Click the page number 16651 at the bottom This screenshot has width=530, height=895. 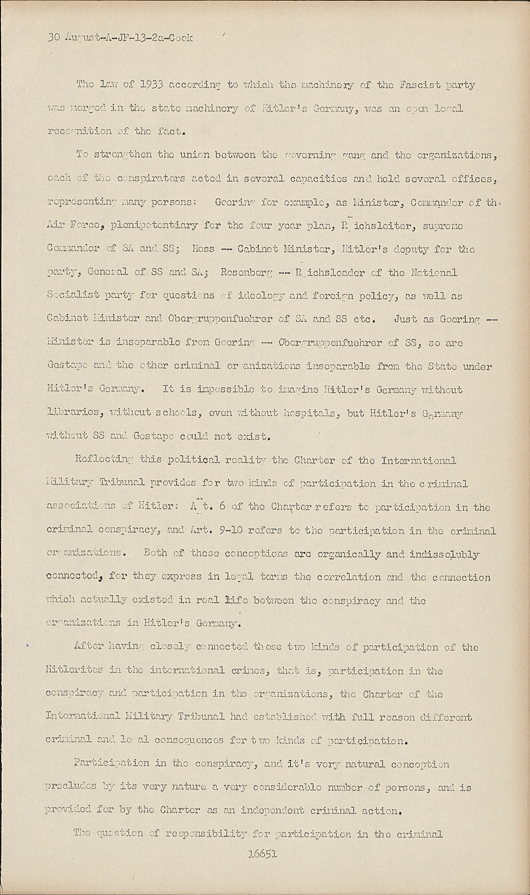tap(263, 853)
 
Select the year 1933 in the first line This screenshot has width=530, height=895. tap(155, 85)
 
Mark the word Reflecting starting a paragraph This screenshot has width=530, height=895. tap(104, 460)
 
